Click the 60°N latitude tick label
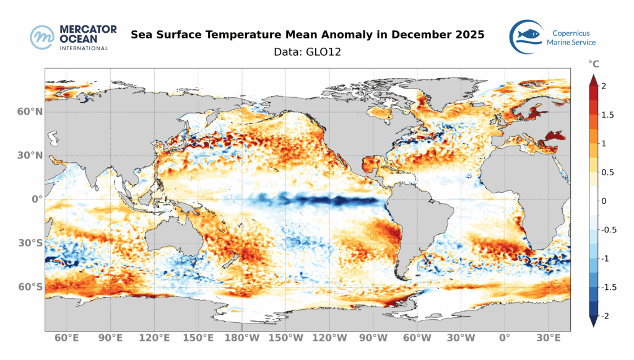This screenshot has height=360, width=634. pyautogui.click(x=30, y=112)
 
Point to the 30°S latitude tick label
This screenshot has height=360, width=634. pyautogui.click(x=30, y=243)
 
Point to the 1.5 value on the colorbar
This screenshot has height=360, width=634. pyautogui.click(x=607, y=115)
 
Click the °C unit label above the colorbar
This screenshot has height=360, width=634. pyautogui.click(x=593, y=64)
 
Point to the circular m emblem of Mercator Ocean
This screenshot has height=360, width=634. pyautogui.click(x=43, y=37)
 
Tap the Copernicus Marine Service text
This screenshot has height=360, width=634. pyautogui.click(x=571, y=37)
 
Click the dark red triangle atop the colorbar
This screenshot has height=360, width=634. pyautogui.click(x=593, y=80)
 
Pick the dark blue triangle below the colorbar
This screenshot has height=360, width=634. pyautogui.click(x=593, y=320)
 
